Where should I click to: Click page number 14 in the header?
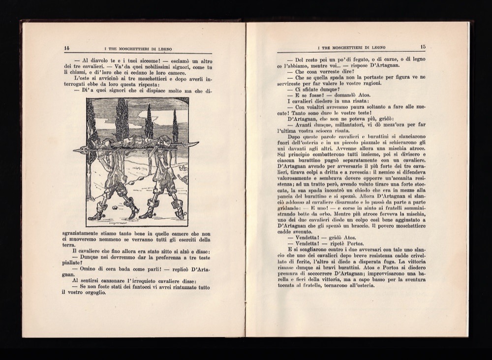tap(67, 48)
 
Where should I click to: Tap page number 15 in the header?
tap(423, 47)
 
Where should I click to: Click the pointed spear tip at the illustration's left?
tap(77, 150)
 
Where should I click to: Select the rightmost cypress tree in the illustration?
tap(175, 126)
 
